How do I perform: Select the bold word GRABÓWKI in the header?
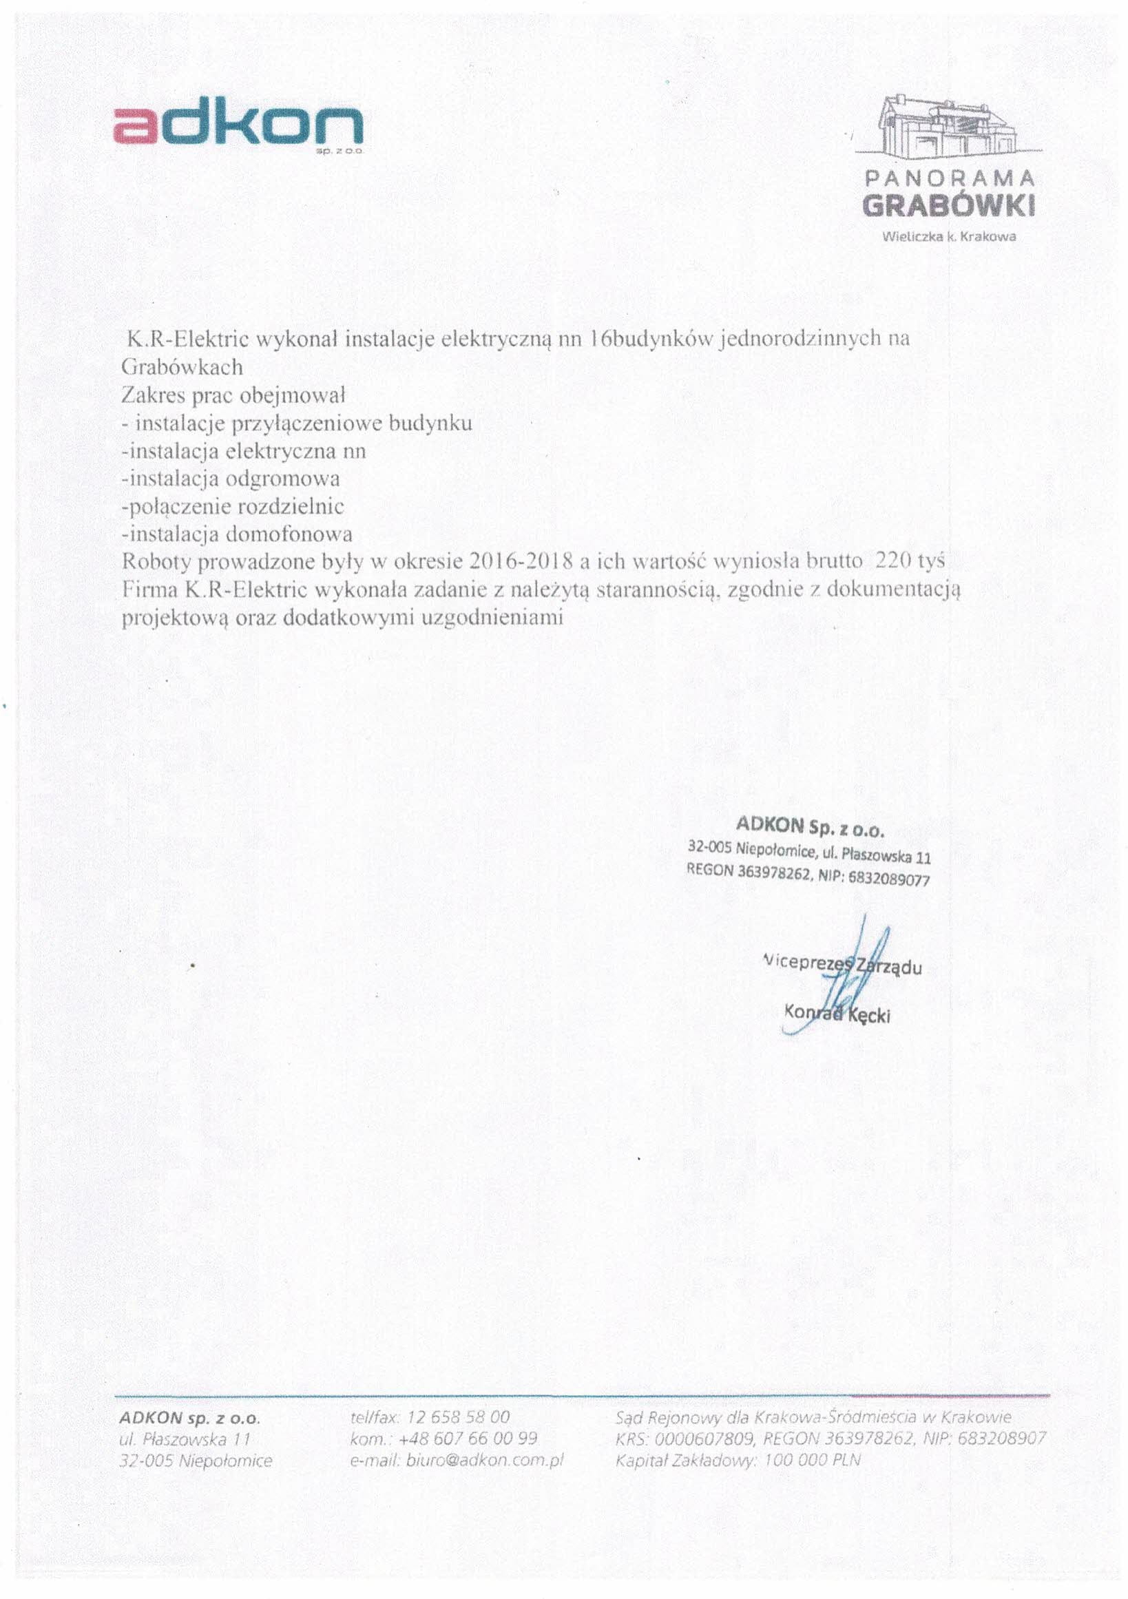click(x=948, y=206)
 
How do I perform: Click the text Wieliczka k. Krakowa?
click(x=948, y=237)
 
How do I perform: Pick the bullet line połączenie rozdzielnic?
click(x=233, y=507)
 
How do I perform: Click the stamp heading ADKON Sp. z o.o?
click(x=810, y=826)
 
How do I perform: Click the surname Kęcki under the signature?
click(x=868, y=1016)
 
